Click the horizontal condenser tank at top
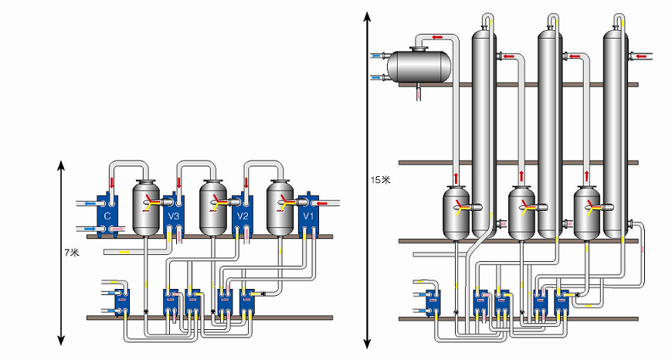[x=419, y=66]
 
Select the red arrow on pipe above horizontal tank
[x=437, y=36]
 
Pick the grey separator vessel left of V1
[x=281, y=206]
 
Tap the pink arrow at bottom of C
[x=117, y=229]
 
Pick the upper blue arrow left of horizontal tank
[x=376, y=56]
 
